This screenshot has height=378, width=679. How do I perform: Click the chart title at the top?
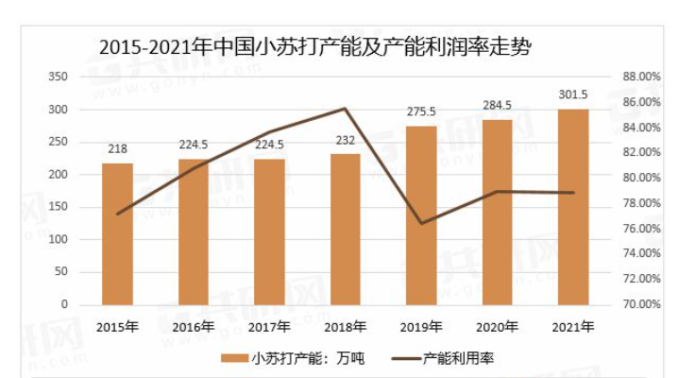[312, 44]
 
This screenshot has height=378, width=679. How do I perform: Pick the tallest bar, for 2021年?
[573, 207]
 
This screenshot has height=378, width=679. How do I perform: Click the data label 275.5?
[420, 112]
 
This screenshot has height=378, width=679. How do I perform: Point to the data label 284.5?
[497, 105]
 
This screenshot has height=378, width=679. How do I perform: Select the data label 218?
[117, 148]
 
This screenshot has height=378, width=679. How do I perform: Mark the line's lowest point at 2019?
[421, 224]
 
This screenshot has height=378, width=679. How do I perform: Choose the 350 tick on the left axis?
[58, 76]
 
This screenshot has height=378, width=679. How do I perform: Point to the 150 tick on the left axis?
[58, 207]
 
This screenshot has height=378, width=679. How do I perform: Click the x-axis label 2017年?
[269, 327]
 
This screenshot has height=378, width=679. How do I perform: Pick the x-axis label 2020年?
[497, 327]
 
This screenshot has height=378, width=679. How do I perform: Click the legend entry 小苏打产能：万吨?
[280, 358]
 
